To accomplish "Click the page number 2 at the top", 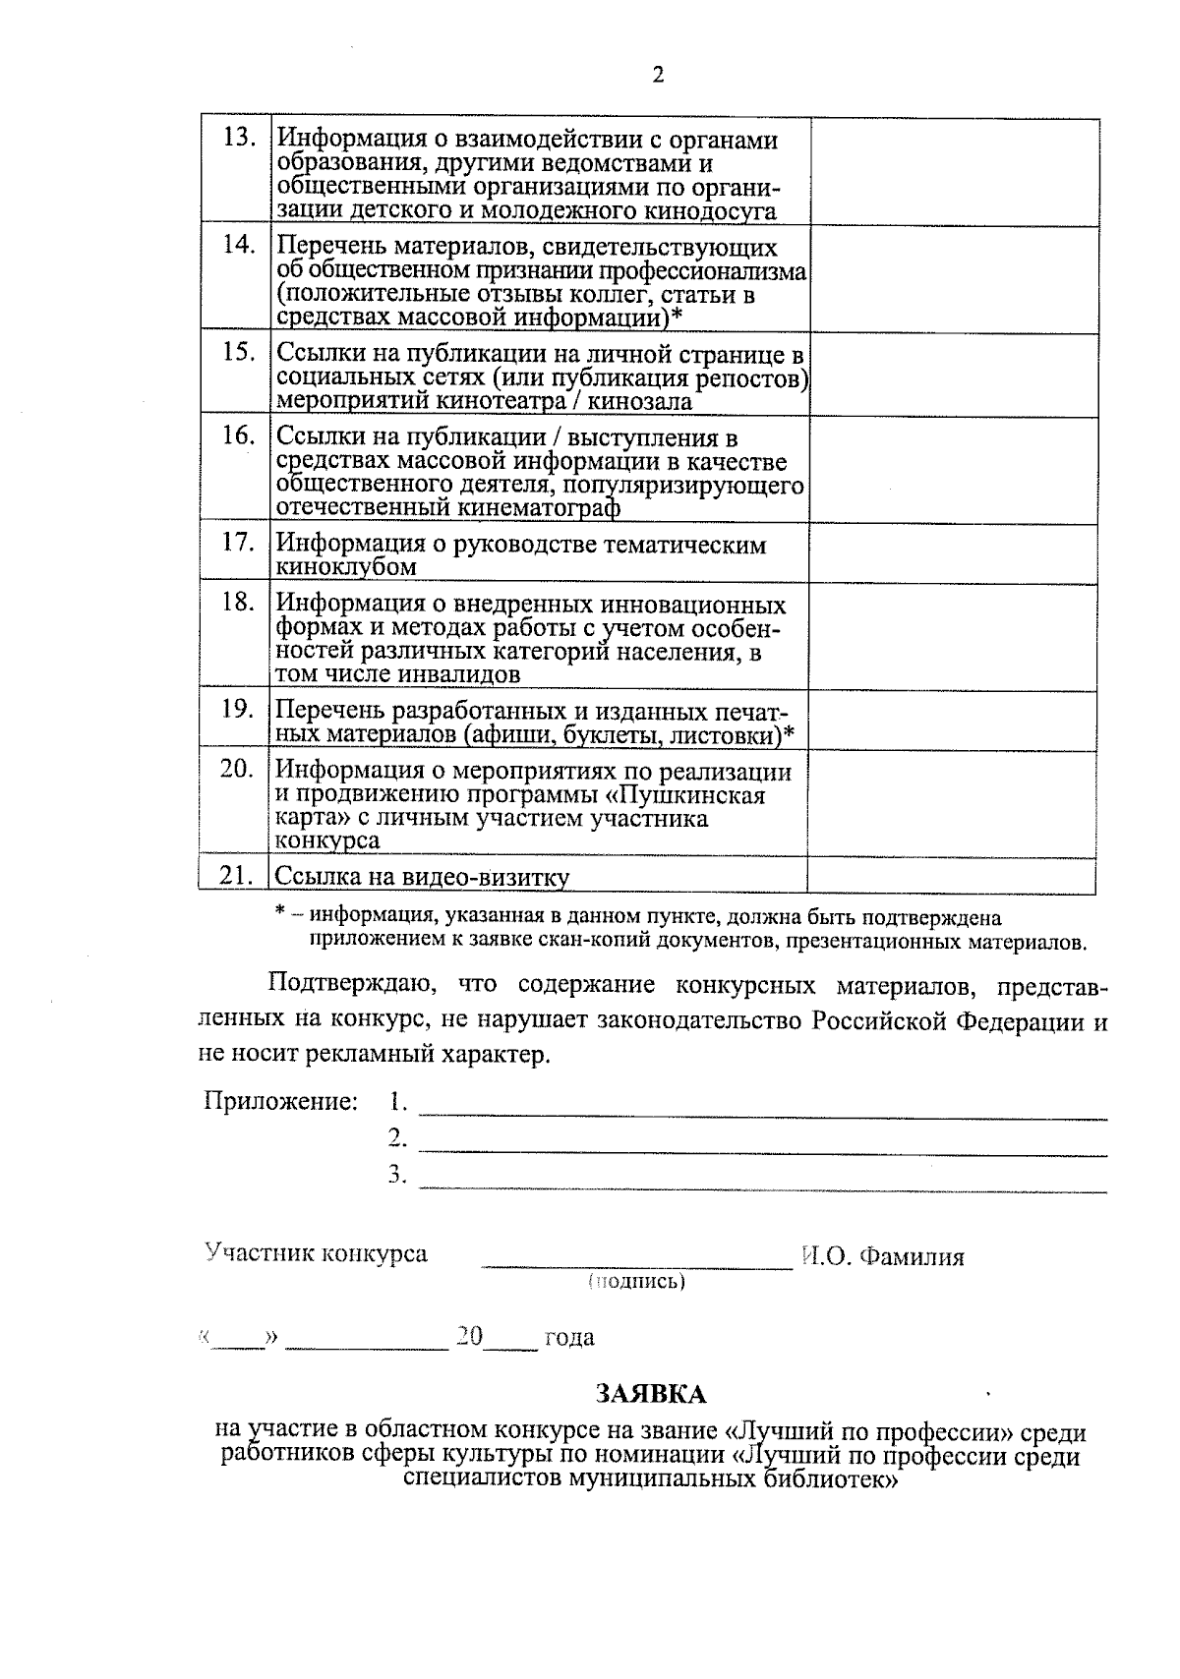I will tap(658, 76).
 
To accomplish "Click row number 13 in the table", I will tap(239, 137).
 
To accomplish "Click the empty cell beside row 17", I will tap(953, 553).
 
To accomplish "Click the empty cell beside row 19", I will tap(953, 722).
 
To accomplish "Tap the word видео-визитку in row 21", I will tap(499, 877).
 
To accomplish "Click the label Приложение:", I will tap(280, 1101).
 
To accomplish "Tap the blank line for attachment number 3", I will tap(762, 1189).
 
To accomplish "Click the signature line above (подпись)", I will tap(636, 1267).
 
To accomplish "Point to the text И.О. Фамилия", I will tap(882, 1256).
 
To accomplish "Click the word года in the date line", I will tap(569, 1337).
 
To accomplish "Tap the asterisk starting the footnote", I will tap(280, 914).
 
